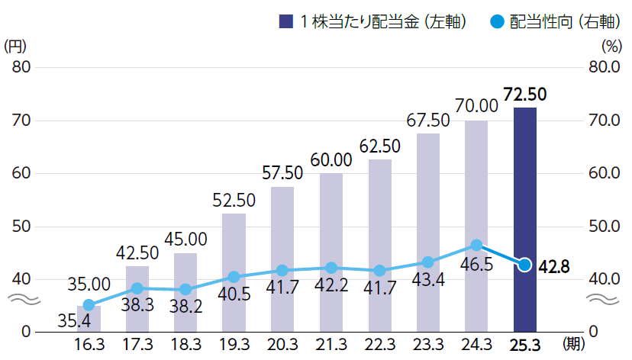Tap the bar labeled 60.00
click(x=331, y=252)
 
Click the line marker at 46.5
click(x=476, y=245)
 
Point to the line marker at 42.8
click(x=524, y=265)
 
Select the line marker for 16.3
click(x=89, y=305)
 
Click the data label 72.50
click(x=525, y=95)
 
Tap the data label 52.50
click(x=234, y=201)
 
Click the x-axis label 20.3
click(x=282, y=345)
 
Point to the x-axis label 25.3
click(x=524, y=345)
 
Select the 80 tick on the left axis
click(x=21, y=67)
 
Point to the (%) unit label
click(x=612, y=46)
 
